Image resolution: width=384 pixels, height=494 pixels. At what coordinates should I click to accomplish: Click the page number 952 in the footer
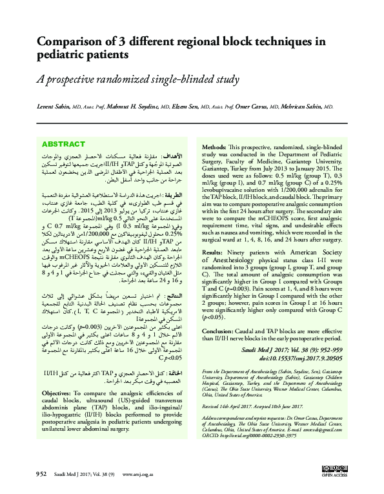pyautogui.click(x=41, y=475)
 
